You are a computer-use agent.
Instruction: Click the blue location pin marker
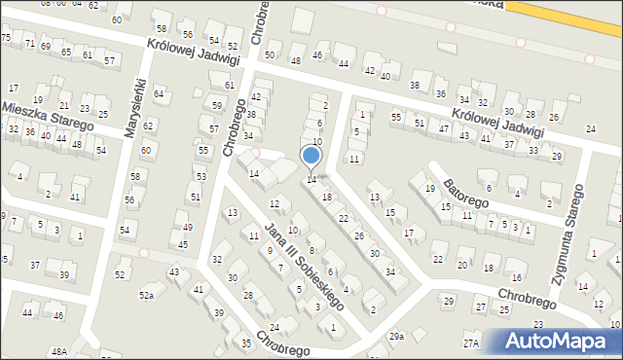(311, 156)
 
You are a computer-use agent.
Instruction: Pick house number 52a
(147, 295)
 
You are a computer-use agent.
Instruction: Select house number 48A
(59, 351)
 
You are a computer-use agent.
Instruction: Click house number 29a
(396, 337)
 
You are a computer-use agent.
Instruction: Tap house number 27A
(471, 342)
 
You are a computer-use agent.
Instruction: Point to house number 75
(6, 37)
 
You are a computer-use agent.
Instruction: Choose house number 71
(30, 45)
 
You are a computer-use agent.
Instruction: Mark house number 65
(66, 52)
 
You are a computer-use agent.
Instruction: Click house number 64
(159, 92)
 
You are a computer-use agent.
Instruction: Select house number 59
(216, 104)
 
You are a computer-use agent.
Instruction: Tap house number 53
(201, 177)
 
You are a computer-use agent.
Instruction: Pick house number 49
(186, 228)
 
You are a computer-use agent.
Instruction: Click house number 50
(270, 54)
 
